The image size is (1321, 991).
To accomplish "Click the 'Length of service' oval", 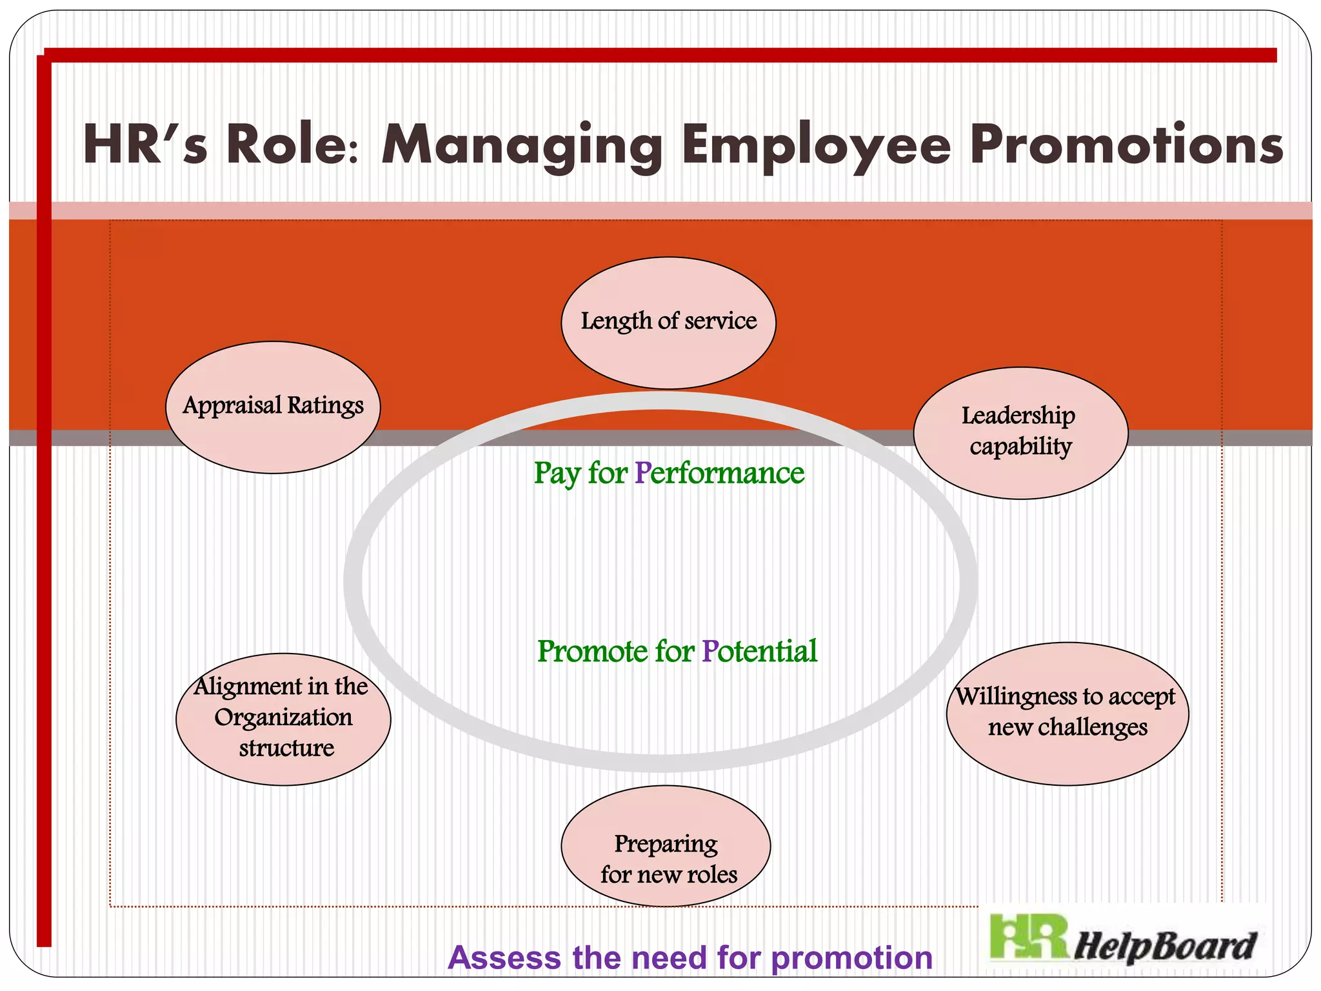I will coord(668,323).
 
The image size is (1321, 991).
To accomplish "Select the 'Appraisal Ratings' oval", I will coord(273,407).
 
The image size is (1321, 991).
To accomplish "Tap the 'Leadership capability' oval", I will coord(1020,432).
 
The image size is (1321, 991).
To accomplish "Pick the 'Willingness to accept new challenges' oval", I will coord(1067,713).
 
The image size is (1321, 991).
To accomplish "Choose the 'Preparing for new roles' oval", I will coord(666,845).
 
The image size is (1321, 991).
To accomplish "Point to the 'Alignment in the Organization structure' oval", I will coord(283,719).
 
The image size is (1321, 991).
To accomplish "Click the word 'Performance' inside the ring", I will coord(719,473).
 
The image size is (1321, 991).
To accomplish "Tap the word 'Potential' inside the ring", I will coord(759,651).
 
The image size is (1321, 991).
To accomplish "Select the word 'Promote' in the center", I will coord(592,651).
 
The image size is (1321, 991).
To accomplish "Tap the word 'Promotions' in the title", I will coord(1126,145).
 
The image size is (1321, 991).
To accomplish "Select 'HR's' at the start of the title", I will coord(145,145).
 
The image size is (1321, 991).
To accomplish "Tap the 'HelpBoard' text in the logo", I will coord(1164,946).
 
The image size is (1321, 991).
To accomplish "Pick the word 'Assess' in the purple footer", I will coord(504,957).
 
